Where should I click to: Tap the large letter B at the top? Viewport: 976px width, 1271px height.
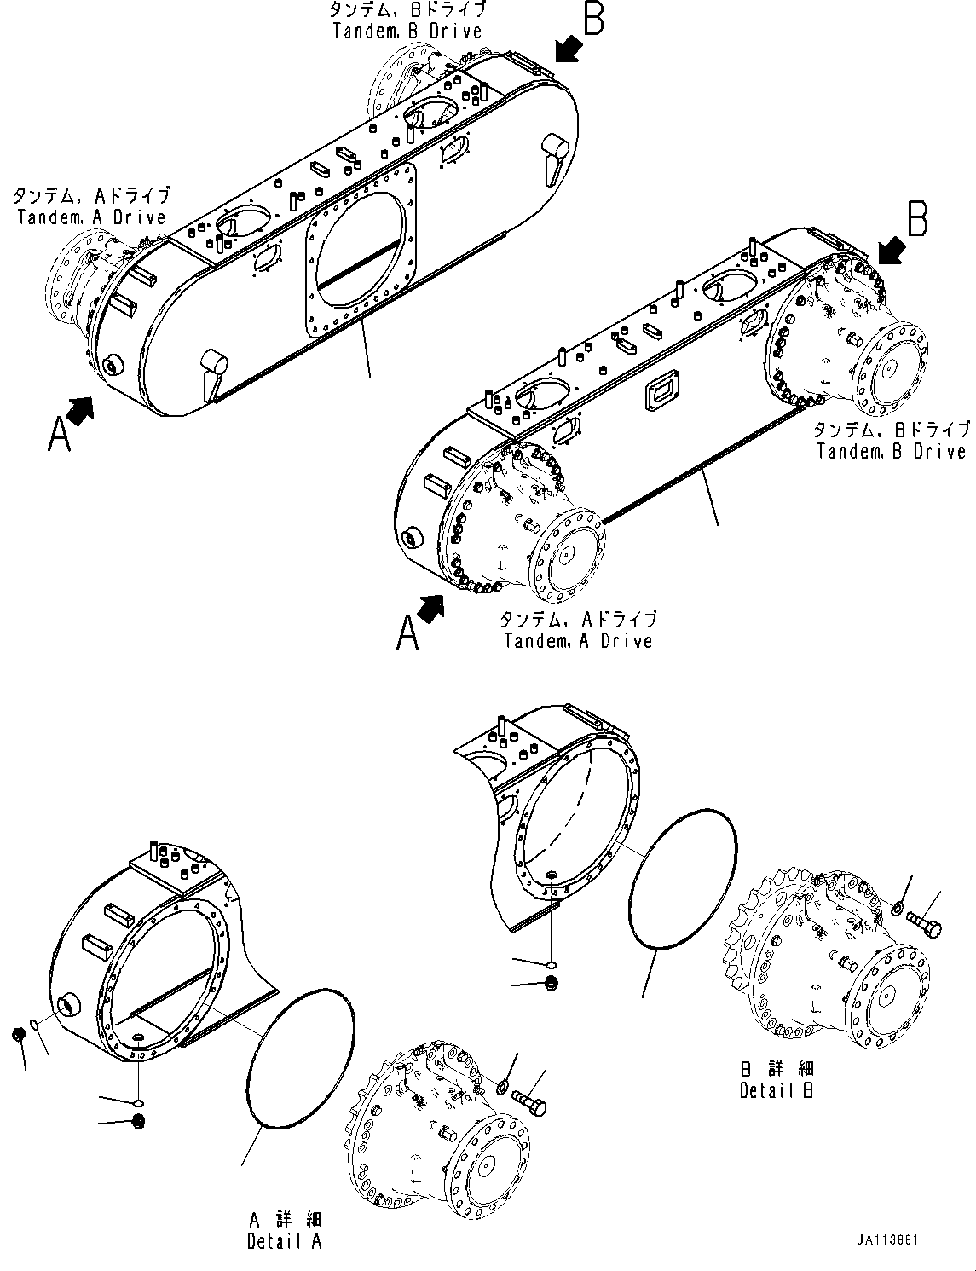point(593,19)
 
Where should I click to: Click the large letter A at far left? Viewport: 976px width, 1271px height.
point(59,434)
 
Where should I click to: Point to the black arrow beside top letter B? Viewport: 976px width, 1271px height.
point(566,48)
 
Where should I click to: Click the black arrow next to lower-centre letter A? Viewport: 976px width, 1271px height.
point(433,610)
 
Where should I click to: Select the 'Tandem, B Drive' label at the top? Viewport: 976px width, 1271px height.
point(407,20)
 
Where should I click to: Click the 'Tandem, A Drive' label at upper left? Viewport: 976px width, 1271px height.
point(91,207)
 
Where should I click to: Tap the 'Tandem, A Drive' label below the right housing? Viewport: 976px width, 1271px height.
point(578,630)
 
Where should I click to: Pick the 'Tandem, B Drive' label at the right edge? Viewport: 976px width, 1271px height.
point(892,441)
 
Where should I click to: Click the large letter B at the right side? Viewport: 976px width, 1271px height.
point(917,218)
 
